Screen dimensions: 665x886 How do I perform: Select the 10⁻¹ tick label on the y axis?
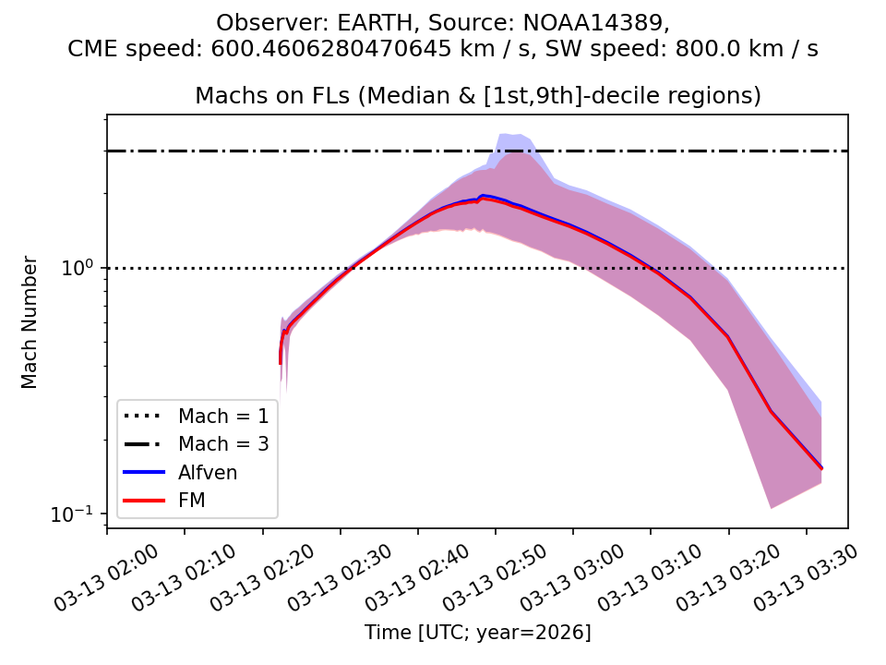click(x=78, y=514)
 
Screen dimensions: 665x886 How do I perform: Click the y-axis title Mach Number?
click(x=30, y=322)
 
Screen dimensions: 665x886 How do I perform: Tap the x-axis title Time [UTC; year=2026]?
click(x=477, y=633)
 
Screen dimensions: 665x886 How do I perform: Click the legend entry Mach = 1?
click(x=223, y=416)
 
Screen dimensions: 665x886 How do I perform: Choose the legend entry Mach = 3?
click(x=223, y=444)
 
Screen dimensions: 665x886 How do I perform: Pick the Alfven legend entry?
click(x=208, y=473)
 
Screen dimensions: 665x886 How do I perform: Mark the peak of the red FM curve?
click(x=482, y=199)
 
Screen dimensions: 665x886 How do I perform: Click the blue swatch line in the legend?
click(x=144, y=473)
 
